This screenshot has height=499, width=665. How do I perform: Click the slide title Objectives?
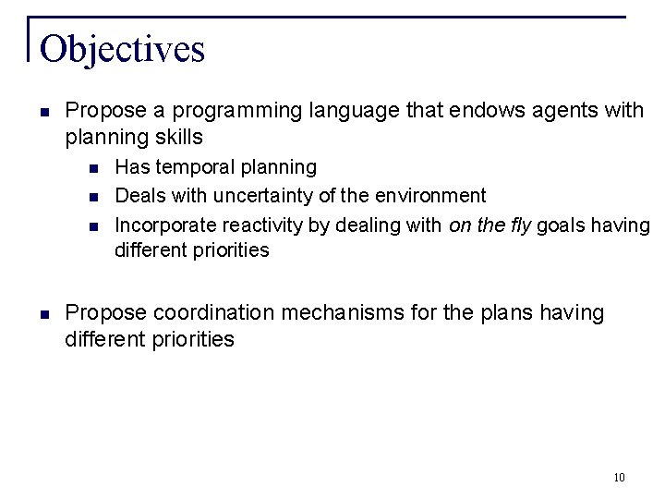pyautogui.click(x=122, y=48)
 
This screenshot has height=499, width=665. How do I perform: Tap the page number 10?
pyautogui.click(x=618, y=478)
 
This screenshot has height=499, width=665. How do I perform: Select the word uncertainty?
pyautogui.click(x=264, y=195)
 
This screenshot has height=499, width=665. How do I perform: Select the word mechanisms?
pyautogui.click(x=345, y=313)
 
